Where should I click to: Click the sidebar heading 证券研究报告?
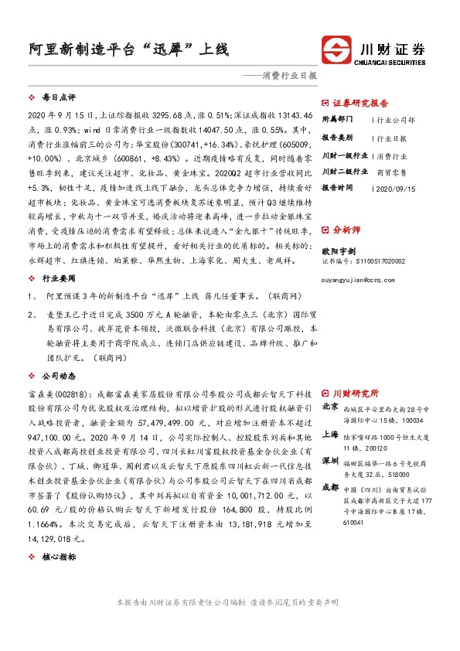[x=361, y=103]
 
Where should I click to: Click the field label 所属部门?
[x=337, y=120]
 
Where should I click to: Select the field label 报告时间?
[x=337, y=188]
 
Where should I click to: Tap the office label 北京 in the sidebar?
[x=330, y=406]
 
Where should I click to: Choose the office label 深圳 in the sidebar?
[x=330, y=462]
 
